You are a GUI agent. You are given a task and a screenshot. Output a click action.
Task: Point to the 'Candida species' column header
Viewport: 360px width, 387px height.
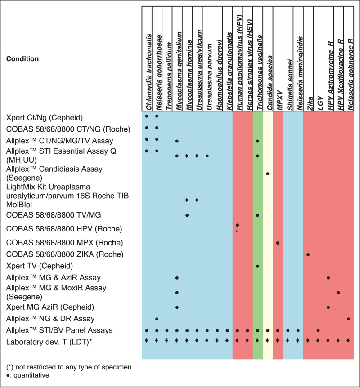[268, 79]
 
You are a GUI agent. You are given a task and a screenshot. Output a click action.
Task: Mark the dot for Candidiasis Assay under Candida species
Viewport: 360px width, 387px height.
[268, 173]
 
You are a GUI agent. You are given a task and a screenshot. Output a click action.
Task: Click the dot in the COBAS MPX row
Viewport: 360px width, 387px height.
[278, 243]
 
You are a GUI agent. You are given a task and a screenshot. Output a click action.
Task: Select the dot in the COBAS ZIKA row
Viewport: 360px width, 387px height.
[308, 255]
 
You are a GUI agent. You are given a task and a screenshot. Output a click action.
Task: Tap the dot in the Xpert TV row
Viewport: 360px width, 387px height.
[258, 266]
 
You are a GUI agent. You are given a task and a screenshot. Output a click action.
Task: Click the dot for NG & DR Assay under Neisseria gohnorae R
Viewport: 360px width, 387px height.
[349, 319]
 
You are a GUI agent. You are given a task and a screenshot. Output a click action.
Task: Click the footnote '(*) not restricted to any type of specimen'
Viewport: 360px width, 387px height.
[69, 367]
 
